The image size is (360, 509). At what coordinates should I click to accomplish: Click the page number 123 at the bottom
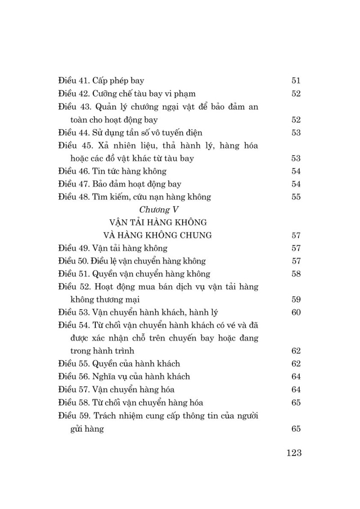point(293,453)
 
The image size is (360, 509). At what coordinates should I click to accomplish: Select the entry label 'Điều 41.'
point(74,81)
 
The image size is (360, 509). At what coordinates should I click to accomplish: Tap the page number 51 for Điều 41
point(296,81)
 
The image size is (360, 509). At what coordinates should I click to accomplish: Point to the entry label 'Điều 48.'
point(74,197)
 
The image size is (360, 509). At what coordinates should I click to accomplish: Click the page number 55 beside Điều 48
point(296,197)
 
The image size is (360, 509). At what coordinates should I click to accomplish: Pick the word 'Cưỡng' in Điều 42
point(104,94)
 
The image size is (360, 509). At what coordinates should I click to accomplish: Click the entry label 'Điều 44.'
point(74,133)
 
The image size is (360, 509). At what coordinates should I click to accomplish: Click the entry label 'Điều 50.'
point(74,261)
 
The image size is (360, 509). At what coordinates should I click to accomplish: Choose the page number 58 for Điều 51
point(296,274)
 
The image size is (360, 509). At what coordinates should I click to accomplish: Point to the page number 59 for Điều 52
point(296,300)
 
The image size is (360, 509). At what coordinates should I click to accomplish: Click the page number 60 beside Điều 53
point(296,312)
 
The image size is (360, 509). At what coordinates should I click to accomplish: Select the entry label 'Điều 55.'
point(74,364)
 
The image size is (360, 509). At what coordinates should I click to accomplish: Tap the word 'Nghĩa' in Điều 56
point(104,377)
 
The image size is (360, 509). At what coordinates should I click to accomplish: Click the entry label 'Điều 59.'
point(74,415)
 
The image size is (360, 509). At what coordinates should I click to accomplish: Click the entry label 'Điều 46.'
point(74,171)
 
